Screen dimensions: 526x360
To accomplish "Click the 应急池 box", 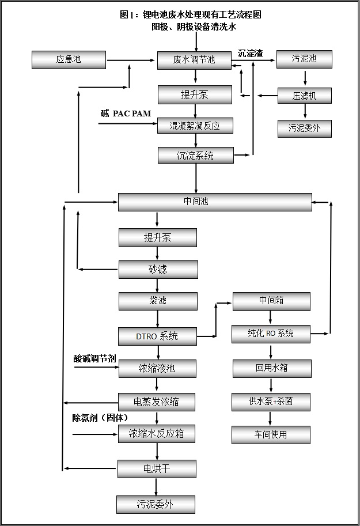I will tap(69, 59).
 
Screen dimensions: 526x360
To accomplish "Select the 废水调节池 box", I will tap(195, 60).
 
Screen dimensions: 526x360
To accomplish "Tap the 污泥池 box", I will tap(304, 59).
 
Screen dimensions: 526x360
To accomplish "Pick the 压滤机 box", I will tap(304, 96).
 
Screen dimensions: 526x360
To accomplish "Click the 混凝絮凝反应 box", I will tap(195, 126).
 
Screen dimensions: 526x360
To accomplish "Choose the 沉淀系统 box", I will tap(195, 155).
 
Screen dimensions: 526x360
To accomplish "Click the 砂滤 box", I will tap(158, 269).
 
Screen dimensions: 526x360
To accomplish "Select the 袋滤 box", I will tap(158, 301).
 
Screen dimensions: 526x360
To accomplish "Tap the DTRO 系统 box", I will tap(157, 336).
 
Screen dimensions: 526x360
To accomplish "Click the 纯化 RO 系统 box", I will tap(271, 334).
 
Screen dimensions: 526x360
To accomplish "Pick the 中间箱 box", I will tap(271, 301).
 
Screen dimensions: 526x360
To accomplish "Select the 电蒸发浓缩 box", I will tap(157, 402).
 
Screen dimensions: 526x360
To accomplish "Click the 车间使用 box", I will tap(271, 435).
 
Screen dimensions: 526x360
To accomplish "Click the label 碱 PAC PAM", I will tap(126, 113).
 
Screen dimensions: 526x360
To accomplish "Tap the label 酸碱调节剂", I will tap(94, 358).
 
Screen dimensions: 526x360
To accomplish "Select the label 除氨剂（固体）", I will tap(100, 417).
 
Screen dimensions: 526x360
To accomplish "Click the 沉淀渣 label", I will tap(250, 54).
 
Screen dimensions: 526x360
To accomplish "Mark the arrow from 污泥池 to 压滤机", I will tap(304, 78).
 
